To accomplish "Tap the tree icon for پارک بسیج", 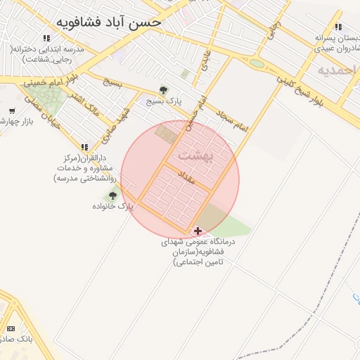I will click(164, 90).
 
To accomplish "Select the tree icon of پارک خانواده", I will click(112, 195).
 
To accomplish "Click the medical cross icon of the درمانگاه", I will click(198, 231).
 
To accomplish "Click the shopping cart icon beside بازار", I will click(12, 111).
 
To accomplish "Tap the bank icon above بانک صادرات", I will click(11, 328).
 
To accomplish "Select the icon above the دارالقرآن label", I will click(85, 148).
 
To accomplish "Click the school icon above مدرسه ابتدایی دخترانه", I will click(46, 38).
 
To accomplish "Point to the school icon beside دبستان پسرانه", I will click(338, 27).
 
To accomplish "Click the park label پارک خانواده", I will click(112, 207).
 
